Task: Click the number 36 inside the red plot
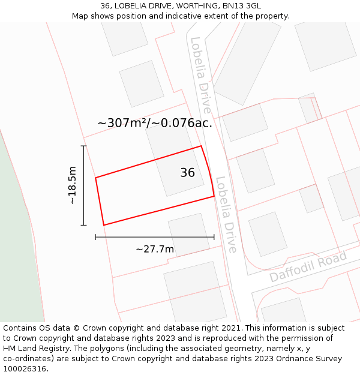(x=187, y=173)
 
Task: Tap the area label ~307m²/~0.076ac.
(x=155, y=123)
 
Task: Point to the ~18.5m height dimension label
(x=73, y=185)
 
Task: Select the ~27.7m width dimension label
(x=155, y=249)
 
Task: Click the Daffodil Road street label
(x=308, y=267)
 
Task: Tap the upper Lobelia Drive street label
(x=200, y=75)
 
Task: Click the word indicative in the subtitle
(x=184, y=16)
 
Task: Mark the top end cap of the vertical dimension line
(x=84, y=146)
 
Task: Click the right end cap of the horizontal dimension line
(x=214, y=237)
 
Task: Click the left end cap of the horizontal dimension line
(x=95, y=237)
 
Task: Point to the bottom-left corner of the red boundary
(x=104, y=225)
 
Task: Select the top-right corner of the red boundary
(x=201, y=146)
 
